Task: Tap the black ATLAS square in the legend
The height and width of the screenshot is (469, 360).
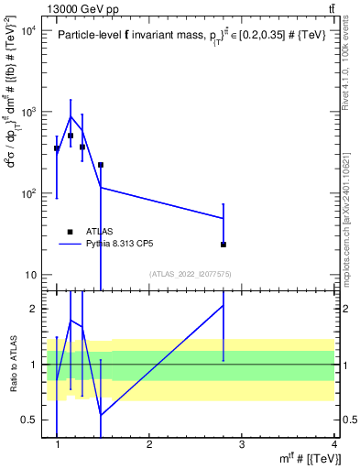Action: click(x=70, y=232)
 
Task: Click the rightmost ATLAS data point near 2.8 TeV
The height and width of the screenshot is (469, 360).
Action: click(x=224, y=245)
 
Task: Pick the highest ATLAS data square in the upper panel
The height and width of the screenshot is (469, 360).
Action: click(x=71, y=136)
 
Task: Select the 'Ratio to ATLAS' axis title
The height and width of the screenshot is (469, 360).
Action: click(x=12, y=364)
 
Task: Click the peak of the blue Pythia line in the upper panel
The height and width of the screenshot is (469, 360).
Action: click(x=71, y=116)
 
